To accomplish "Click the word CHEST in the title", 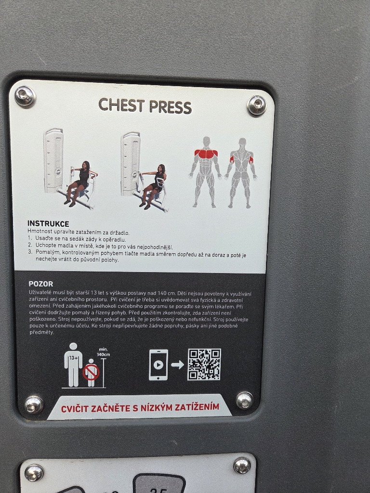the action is tap(122, 104).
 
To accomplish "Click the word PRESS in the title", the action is tap(170, 107).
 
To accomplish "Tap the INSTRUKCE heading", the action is tap(48, 223).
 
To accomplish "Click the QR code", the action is tap(204, 364).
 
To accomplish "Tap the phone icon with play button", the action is tap(158, 365).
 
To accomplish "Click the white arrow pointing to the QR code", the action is tap(177, 365).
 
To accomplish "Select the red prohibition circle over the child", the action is tap(91, 373).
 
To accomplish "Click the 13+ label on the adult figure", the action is tap(74, 358).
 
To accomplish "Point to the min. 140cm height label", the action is tap(104, 352).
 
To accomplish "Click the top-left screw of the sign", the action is tap(25, 96).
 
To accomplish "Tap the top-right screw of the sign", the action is tap(257, 105).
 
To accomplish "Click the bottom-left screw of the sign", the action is tap(34, 404).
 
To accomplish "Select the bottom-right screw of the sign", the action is tap(244, 400).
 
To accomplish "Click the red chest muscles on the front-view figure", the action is tap(206, 154).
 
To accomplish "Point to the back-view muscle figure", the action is tap(241, 173).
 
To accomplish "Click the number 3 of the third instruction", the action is tap(30, 252).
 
